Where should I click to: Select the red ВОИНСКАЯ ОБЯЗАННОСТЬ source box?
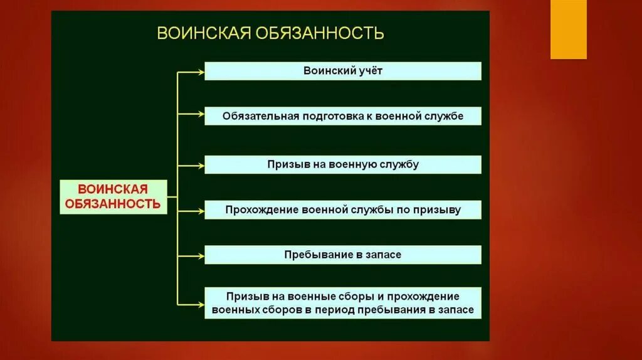[x=113, y=196]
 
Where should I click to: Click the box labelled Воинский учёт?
[x=342, y=71]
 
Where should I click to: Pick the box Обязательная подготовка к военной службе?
[x=342, y=116]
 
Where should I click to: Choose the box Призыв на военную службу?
[x=342, y=164]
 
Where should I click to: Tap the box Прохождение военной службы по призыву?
[x=342, y=210]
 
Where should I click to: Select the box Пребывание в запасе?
[x=342, y=255]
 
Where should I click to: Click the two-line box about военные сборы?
[x=342, y=303]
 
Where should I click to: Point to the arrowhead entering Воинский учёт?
[x=201, y=72]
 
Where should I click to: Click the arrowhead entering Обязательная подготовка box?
[x=201, y=114]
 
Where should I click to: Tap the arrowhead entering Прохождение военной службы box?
[x=201, y=211]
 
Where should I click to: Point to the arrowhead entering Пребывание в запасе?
[x=201, y=256]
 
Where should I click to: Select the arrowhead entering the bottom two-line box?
[x=201, y=304]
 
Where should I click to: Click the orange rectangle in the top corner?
[x=568, y=29]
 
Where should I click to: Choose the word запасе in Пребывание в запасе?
[x=380, y=255]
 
